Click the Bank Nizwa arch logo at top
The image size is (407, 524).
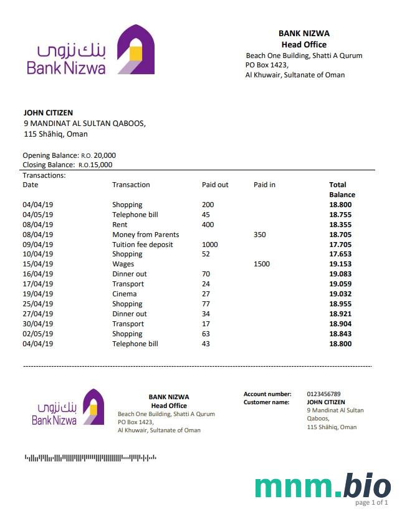pos(136,49)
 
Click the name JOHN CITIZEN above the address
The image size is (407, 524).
pos(48,113)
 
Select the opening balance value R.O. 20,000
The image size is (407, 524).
pos(98,155)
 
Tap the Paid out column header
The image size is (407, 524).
pos(215,185)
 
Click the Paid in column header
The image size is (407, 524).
pos(264,185)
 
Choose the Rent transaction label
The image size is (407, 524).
pos(120,225)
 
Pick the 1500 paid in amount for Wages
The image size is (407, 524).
pos(262,264)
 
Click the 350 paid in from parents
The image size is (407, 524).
pos(260,235)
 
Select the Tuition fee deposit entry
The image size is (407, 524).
pos(142,245)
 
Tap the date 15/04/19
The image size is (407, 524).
pos(38,264)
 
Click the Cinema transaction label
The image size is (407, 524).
pos(124,294)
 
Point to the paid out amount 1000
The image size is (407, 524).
pos(210,245)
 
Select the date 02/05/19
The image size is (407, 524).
pos(38,334)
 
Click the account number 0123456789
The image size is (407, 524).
pos(323,394)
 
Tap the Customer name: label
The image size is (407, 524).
pos(266,402)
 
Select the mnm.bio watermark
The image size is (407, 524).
pos(323,487)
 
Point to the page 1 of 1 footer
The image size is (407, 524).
pos(372,503)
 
